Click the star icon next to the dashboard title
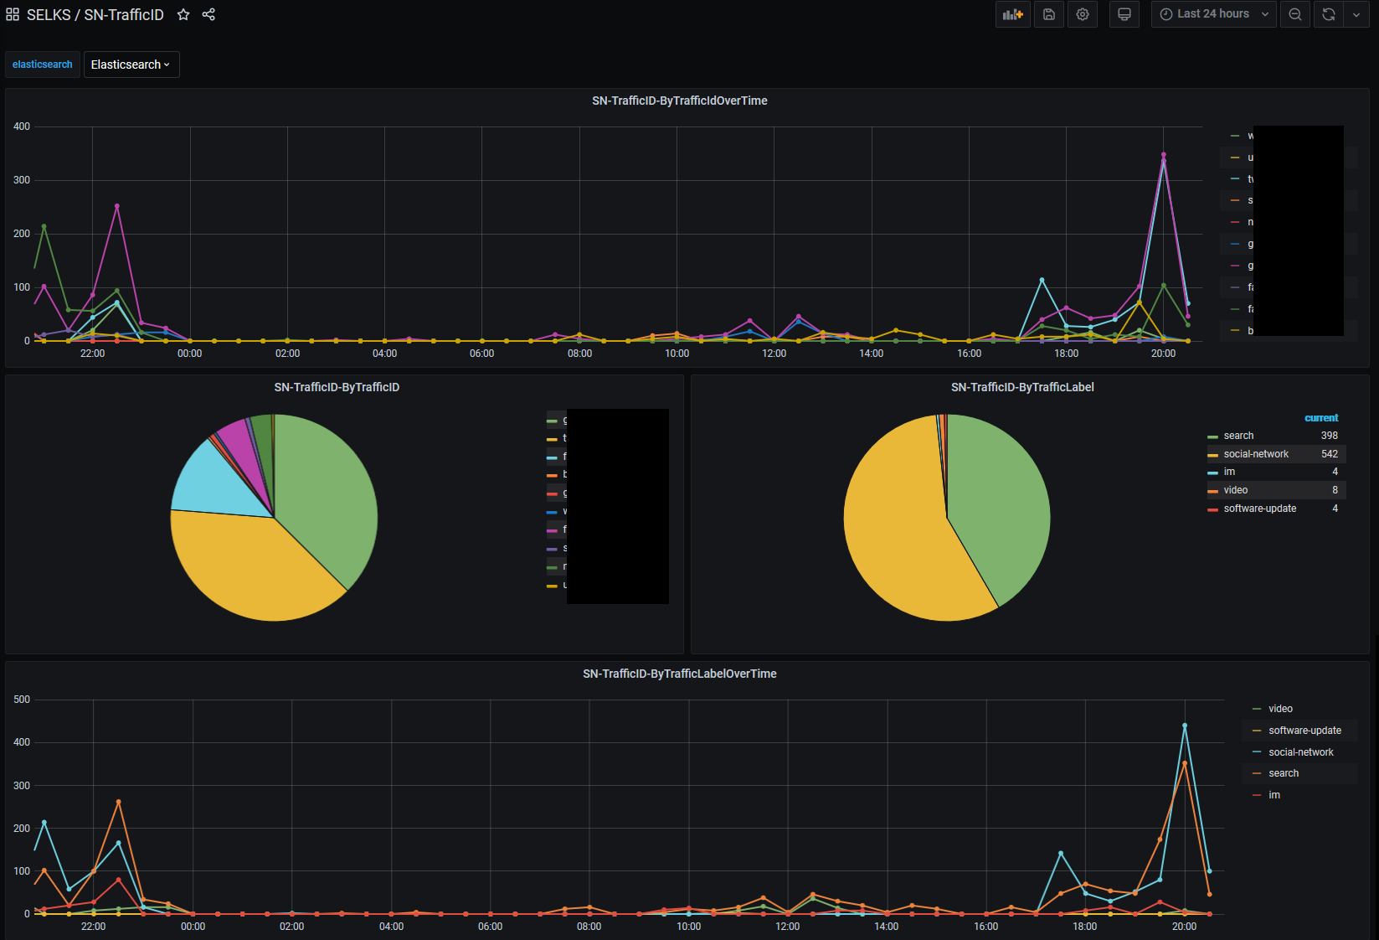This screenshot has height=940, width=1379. (183, 15)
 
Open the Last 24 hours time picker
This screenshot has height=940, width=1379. (1213, 14)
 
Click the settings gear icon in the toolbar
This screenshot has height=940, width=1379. (1083, 14)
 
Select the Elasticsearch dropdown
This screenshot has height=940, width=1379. (131, 65)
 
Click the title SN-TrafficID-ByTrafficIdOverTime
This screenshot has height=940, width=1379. (679, 101)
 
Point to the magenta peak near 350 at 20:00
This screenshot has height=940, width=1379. (1163, 155)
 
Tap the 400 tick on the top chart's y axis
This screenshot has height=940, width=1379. (22, 127)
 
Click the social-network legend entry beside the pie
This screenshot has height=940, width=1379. (1256, 454)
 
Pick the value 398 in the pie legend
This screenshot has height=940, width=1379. (1329, 436)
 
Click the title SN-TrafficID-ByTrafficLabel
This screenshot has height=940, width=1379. (1022, 387)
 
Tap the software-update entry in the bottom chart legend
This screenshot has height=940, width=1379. (1304, 731)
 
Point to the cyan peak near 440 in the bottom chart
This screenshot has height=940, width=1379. (1185, 726)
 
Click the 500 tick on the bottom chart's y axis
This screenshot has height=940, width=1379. (22, 700)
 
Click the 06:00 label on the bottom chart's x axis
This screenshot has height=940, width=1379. (490, 927)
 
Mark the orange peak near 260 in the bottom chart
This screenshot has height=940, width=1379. (118, 802)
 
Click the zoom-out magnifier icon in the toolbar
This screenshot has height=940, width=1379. (1295, 14)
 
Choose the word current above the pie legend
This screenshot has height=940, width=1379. (1321, 418)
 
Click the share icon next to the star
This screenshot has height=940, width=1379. (208, 15)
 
